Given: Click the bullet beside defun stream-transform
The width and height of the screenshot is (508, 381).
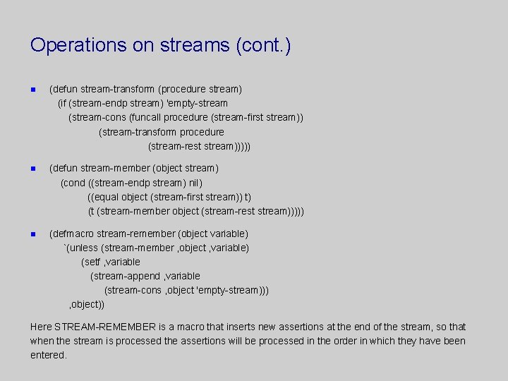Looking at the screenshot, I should [33, 90].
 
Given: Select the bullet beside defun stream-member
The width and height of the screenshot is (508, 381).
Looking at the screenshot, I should [33, 169].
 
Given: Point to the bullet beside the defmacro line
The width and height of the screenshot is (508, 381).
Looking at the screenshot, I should [33, 234].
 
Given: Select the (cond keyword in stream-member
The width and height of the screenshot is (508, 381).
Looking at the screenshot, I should [73, 183].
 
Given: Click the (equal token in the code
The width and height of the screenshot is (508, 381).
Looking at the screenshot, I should [103, 197].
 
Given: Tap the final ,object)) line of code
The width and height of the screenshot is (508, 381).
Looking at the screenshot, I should [86, 304].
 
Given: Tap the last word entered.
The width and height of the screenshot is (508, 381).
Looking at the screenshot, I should [47, 355].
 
